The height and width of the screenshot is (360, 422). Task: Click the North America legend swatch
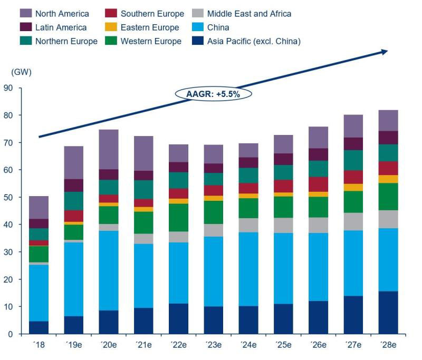coord(27,14)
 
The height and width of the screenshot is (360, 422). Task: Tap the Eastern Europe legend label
coord(150,27)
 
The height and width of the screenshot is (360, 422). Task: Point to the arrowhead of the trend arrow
coord(384,51)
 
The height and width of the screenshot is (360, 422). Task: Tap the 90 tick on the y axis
coord(8,88)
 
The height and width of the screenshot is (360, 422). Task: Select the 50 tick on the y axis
coord(8,197)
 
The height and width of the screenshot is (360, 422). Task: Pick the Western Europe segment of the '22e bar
coord(178,217)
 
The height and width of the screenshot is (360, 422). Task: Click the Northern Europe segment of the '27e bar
coord(353,160)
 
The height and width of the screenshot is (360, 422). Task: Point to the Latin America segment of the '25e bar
coord(283,159)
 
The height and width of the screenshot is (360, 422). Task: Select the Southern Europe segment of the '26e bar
coord(318,184)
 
